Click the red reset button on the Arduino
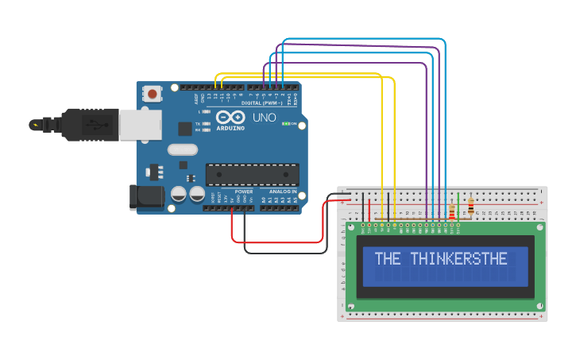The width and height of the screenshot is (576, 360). (x=152, y=94)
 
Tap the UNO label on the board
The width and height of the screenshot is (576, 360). (x=264, y=118)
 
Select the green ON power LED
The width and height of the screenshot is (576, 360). (x=285, y=124)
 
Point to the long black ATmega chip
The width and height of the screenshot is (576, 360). (x=253, y=175)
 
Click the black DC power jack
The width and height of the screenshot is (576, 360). (x=146, y=198)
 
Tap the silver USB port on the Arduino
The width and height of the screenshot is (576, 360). (x=140, y=125)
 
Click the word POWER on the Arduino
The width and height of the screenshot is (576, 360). (x=244, y=192)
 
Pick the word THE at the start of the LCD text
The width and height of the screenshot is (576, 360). (x=388, y=259)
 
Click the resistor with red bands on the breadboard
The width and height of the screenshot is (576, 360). (x=452, y=211)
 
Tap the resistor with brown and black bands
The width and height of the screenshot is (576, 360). (x=470, y=207)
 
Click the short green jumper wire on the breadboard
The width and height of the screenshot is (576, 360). (x=458, y=206)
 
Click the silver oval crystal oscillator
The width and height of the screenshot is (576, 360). (x=182, y=149)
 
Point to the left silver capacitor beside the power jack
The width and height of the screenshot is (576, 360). (x=179, y=194)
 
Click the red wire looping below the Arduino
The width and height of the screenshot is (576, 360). (x=278, y=242)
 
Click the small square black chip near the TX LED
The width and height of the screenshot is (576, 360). (x=185, y=129)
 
